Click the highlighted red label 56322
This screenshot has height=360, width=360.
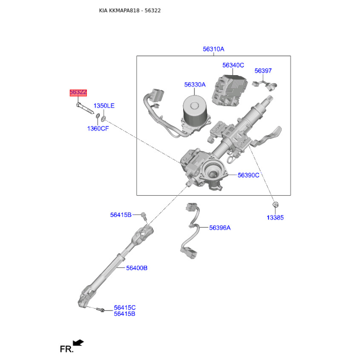[78, 93]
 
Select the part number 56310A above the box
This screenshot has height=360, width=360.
[213, 49]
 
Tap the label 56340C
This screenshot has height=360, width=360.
[233, 65]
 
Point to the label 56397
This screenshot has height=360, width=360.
[263, 71]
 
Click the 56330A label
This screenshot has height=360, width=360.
[195, 85]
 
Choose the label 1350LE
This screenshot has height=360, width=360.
[104, 106]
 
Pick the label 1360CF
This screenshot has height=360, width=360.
[98, 129]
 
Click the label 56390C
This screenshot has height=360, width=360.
[248, 175]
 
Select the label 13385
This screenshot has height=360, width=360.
[275, 217]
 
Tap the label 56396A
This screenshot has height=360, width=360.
[220, 228]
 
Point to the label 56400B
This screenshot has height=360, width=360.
[137, 268]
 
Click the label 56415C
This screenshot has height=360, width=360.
[125, 307]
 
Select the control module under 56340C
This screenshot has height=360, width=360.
[229, 90]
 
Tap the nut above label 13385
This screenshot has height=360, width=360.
[275, 204]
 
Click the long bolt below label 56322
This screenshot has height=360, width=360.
[85, 108]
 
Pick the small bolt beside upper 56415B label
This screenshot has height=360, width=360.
[144, 216]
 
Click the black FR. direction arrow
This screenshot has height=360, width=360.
[78, 343]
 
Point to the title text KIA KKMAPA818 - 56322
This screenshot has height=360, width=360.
[130, 10]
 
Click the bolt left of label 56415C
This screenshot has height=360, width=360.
[100, 310]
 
